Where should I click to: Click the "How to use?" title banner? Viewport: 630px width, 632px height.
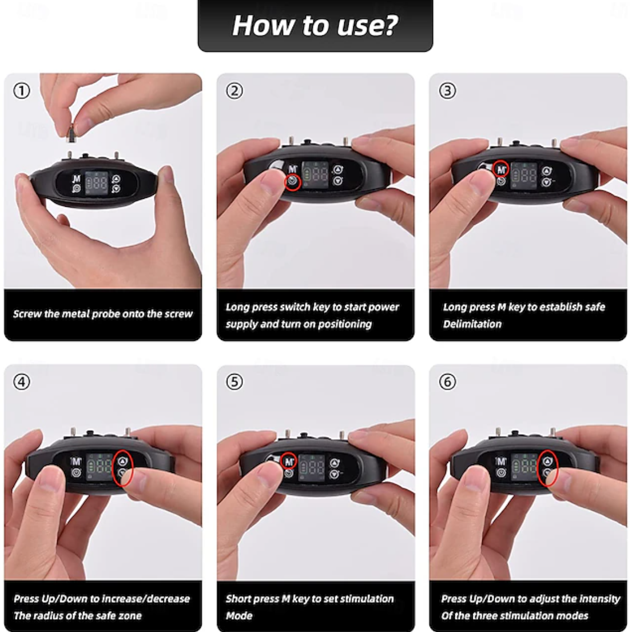point(316,25)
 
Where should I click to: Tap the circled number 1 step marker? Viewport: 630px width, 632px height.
point(22,90)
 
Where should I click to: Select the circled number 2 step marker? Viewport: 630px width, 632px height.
point(235,90)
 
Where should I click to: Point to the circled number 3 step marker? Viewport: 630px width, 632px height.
point(448,90)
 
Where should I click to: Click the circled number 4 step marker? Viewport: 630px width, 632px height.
point(22,381)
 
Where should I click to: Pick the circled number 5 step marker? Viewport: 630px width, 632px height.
point(235,381)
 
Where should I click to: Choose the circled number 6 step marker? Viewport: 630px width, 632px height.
point(448,381)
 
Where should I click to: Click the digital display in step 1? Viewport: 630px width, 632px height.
point(97,183)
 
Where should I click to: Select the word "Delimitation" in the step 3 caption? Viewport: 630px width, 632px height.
point(472,324)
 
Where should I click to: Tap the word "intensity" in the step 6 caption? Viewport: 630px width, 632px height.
point(600,599)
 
